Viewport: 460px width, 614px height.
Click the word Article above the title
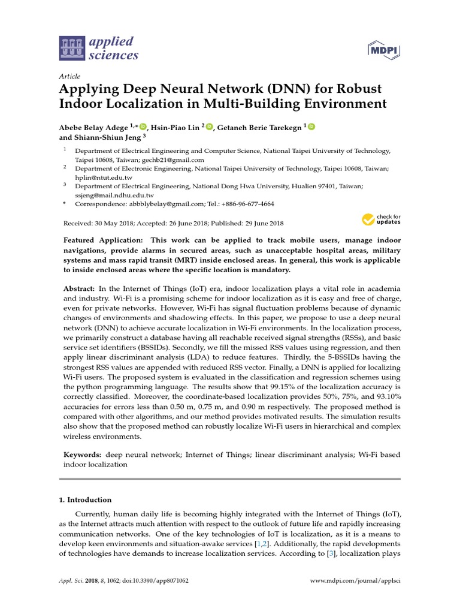point(70,76)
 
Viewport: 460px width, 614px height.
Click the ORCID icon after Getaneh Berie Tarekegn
point(312,127)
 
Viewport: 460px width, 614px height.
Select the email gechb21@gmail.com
point(173,160)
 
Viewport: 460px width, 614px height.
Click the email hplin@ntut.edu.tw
point(104,178)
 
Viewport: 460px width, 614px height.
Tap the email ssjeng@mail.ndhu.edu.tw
point(114,195)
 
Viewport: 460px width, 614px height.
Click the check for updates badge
point(381,219)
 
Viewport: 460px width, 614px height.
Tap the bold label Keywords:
point(82,455)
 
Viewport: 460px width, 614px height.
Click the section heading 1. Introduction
point(87,499)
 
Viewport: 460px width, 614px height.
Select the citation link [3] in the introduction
point(331,555)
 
